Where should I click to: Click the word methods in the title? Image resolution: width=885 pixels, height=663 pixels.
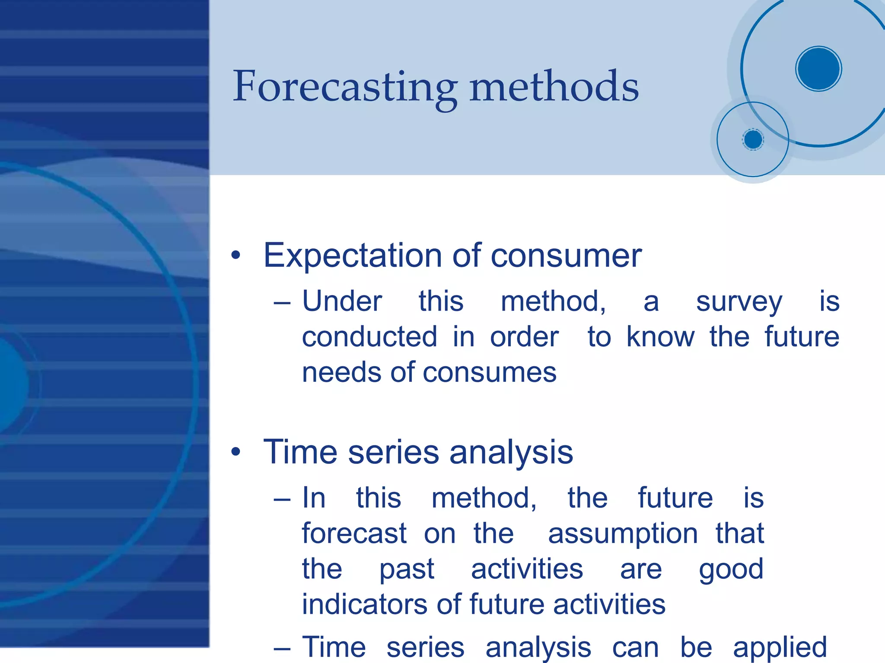pos(554,88)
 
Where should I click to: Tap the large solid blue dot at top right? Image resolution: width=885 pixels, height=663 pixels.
pos(818,69)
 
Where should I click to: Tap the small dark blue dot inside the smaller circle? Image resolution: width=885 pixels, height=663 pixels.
pos(753,140)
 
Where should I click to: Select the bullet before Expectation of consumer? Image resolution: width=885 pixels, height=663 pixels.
pos(236,255)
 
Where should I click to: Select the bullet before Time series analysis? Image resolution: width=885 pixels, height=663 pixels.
pos(236,452)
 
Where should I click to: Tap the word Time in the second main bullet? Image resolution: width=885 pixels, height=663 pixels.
pos(300,452)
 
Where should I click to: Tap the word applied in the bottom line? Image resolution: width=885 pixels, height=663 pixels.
pos(780,648)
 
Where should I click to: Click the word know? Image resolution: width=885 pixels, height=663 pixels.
pos(660,337)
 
